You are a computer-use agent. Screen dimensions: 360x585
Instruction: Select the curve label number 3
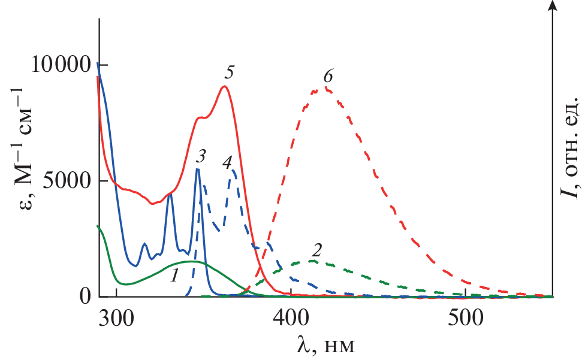pyautogui.click(x=201, y=158)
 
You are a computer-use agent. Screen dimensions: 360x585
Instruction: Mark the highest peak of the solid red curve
pyautogui.click(x=224, y=86)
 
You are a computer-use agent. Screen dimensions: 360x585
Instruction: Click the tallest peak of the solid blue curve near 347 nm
pyautogui.click(x=198, y=170)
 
